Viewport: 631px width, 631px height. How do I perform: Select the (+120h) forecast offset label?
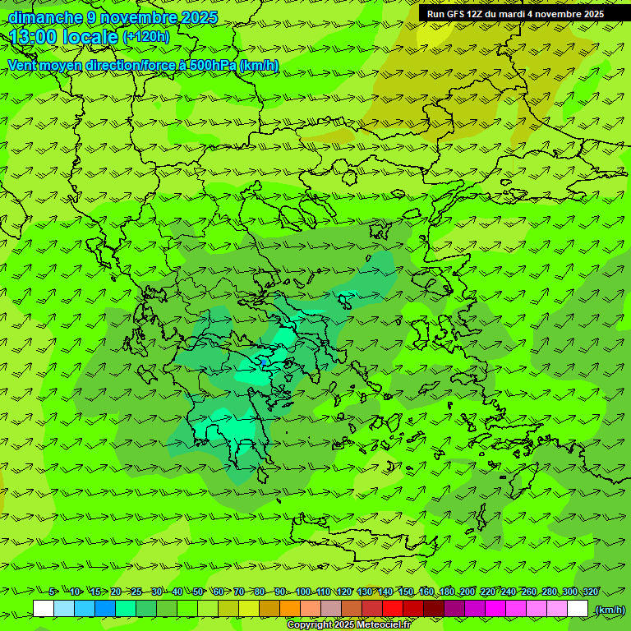(145, 36)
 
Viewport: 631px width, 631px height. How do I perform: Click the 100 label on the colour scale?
(303, 592)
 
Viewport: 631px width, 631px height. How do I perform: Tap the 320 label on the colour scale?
(591, 592)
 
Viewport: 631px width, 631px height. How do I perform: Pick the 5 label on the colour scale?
(52, 592)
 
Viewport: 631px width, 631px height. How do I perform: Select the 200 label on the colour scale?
(467, 592)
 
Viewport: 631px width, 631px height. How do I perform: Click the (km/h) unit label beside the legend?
(610, 610)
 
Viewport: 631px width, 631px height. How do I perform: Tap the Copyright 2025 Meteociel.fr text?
(348, 625)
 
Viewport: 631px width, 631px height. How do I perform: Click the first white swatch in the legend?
(44, 609)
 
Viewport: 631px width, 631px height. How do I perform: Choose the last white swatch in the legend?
(578, 609)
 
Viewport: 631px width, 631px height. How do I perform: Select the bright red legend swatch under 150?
(393, 609)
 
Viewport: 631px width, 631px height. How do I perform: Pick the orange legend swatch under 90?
(290, 609)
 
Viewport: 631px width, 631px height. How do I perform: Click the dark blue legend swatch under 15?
(105, 609)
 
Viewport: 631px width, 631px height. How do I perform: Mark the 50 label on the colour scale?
(198, 592)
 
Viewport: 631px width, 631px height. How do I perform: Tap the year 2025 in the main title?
(200, 17)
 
